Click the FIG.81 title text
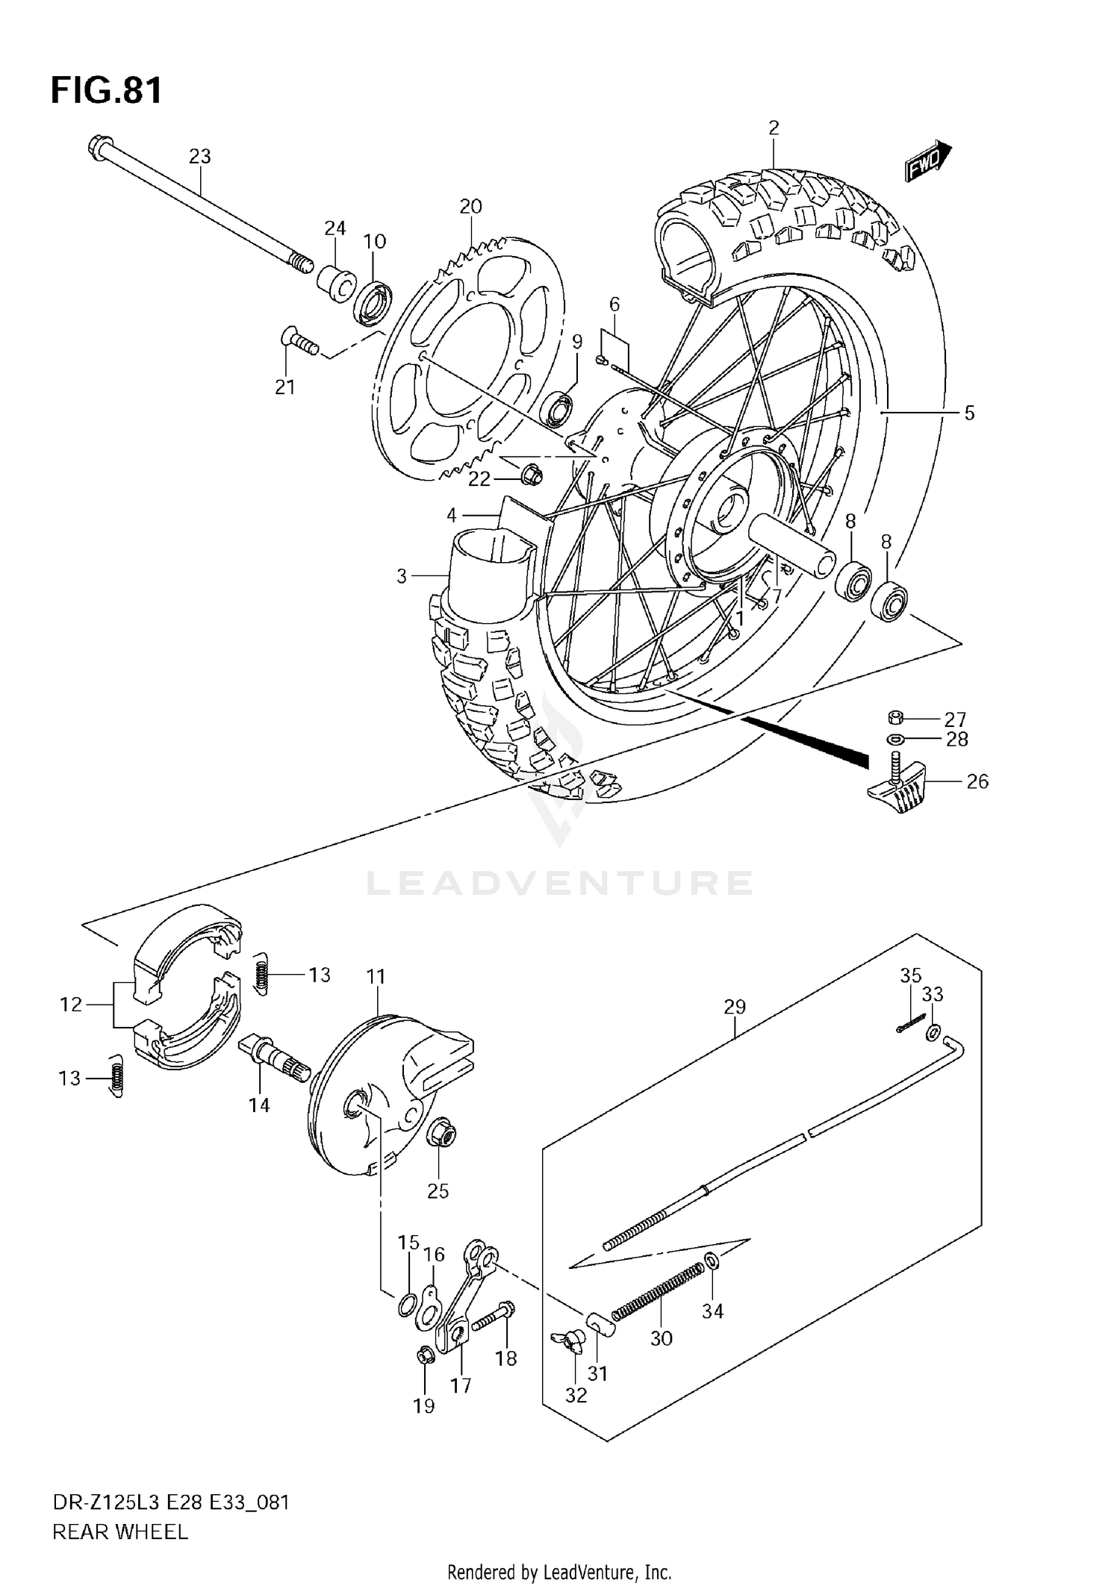point(106,90)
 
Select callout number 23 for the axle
point(199,157)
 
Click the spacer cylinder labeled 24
point(334,284)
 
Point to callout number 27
point(955,719)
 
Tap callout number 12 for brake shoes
point(71,1005)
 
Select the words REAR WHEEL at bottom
point(119,1532)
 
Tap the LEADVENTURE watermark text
point(559,883)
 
